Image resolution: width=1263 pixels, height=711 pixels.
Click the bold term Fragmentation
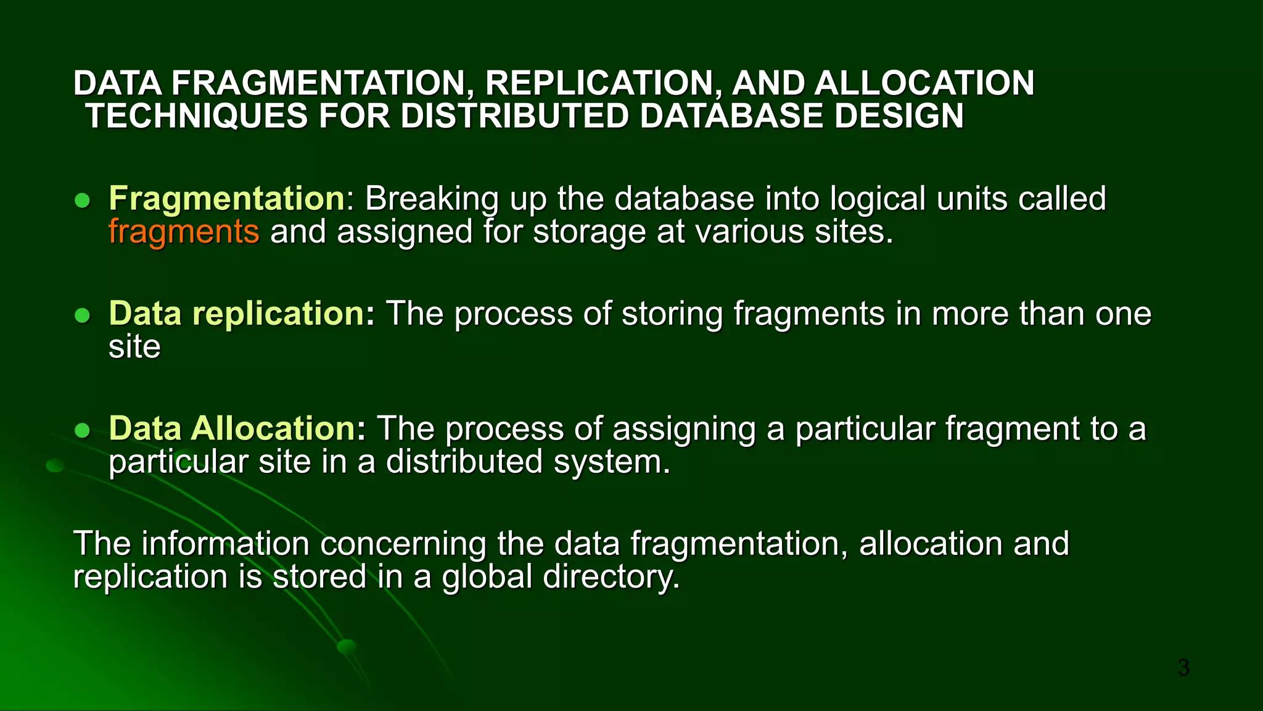click(226, 199)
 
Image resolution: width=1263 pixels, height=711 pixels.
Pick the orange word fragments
click(184, 232)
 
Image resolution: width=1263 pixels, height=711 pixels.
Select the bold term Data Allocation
click(237, 428)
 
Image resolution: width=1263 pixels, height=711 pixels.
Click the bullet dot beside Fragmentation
click(82, 201)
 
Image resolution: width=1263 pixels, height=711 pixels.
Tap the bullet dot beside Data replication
click(82, 316)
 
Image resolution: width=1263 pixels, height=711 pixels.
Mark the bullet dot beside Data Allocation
click(82, 430)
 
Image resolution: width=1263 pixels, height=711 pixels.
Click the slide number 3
click(1183, 668)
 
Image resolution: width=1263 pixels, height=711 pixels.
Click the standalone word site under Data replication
click(134, 347)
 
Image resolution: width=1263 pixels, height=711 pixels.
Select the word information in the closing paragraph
click(225, 544)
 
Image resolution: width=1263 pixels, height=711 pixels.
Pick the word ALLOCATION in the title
click(923, 83)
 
